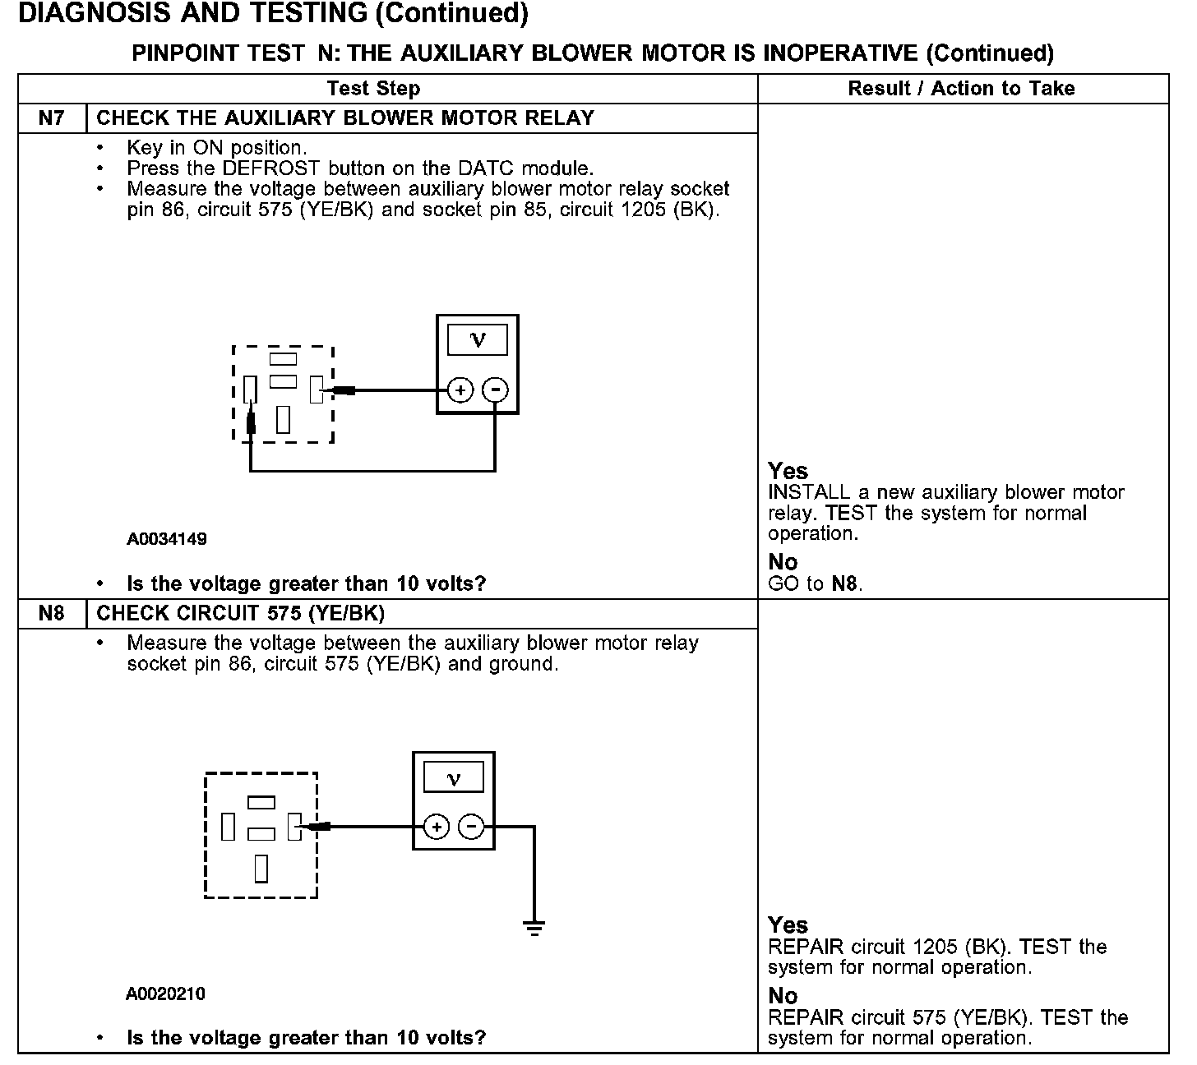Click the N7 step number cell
click(51, 118)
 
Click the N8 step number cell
click(51, 614)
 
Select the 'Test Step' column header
click(373, 89)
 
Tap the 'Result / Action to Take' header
click(961, 89)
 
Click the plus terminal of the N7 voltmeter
click(460, 390)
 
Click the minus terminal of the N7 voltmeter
click(495, 390)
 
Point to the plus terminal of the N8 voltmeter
click(437, 827)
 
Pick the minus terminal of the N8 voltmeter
click(471, 827)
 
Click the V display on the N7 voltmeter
click(477, 340)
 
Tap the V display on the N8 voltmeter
click(453, 777)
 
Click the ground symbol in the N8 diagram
click(534, 928)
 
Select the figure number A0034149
click(166, 540)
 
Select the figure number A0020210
click(165, 994)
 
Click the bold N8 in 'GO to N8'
click(844, 584)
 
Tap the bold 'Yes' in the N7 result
click(788, 471)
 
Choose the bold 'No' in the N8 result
click(783, 996)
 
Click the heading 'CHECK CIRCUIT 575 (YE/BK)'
click(240, 614)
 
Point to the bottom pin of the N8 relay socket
click(261, 868)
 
